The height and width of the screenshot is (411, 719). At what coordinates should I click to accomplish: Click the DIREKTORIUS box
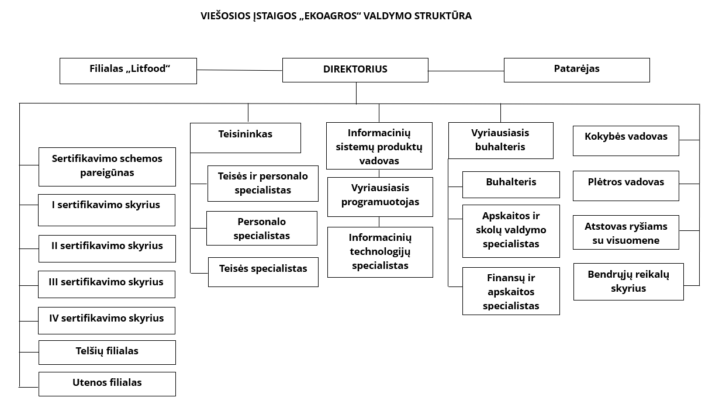click(355, 70)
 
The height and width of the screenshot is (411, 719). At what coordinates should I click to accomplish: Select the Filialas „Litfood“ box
click(128, 71)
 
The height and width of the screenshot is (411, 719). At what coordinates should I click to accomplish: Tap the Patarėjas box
click(576, 70)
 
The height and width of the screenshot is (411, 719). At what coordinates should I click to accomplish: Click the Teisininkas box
click(246, 138)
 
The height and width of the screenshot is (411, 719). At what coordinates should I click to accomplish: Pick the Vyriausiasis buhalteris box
click(500, 140)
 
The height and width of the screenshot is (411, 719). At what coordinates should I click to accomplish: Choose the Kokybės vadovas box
click(625, 141)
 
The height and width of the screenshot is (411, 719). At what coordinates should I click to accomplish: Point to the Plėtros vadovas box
click(625, 185)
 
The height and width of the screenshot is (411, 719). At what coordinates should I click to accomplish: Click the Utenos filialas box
click(107, 384)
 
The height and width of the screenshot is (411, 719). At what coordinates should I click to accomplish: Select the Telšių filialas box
click(107, 352)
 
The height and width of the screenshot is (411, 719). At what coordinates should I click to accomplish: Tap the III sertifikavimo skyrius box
click(106, 284)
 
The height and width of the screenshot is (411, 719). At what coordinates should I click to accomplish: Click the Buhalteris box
click(511, 184)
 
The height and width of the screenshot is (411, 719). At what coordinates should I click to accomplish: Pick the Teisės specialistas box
click(263, 272)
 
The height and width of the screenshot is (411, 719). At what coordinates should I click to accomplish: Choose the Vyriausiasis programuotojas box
click(380, 196)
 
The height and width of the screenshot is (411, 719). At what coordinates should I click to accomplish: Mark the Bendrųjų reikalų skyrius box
click(628, 282)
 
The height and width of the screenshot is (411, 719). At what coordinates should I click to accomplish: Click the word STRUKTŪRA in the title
click(443, 16)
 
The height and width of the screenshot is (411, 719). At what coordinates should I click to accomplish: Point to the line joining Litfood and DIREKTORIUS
click(240, 70)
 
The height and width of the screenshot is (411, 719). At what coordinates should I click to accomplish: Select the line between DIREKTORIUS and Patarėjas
click(466, 71)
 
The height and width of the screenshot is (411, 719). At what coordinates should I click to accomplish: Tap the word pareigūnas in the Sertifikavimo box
click(107, 172)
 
